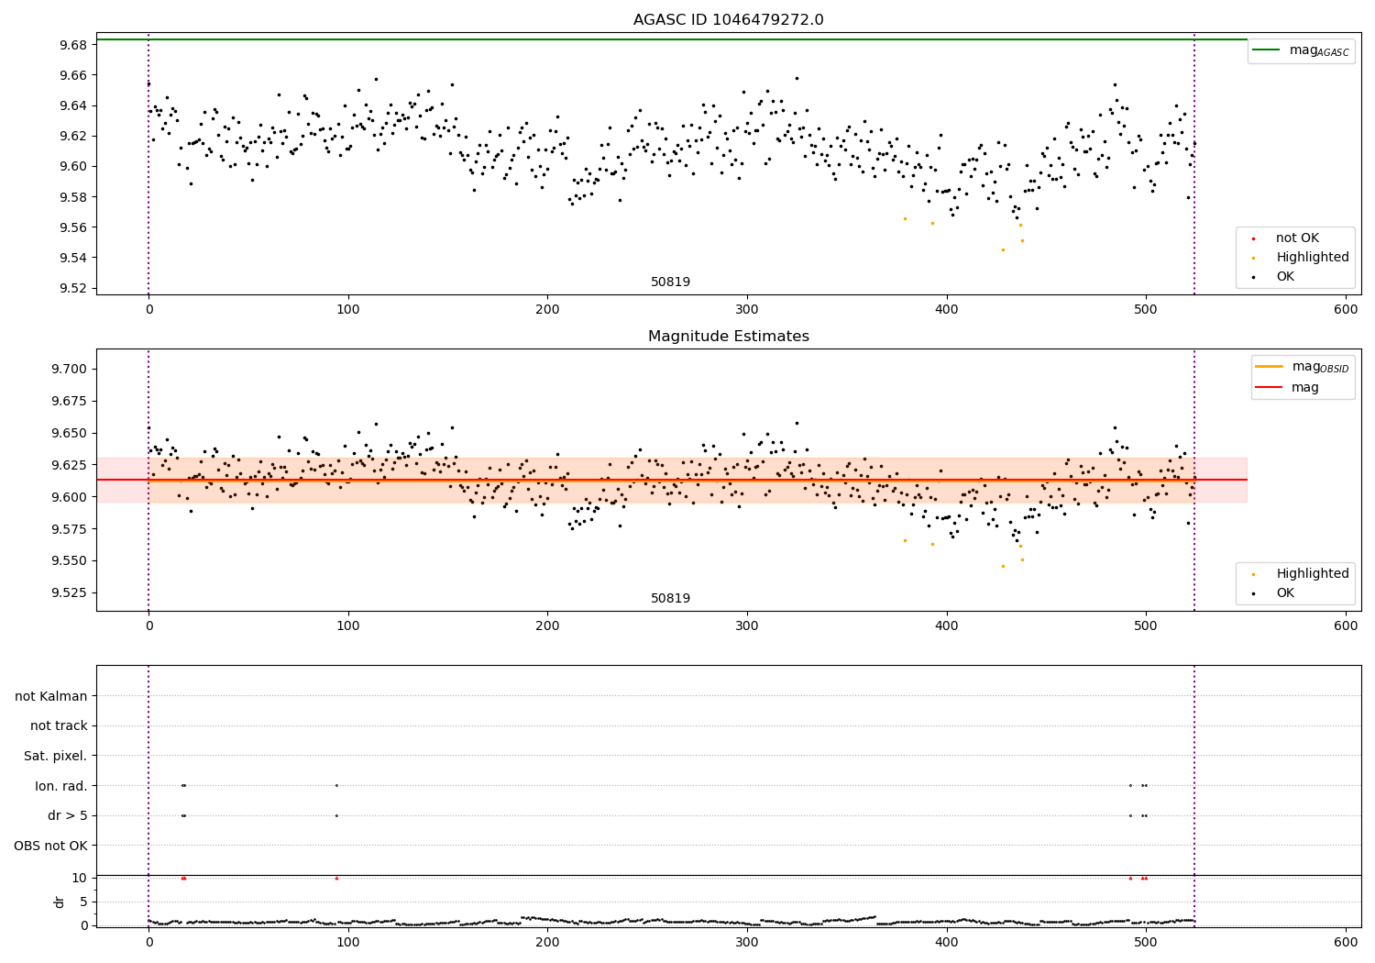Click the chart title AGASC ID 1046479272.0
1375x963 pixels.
(728, 20)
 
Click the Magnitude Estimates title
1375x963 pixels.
(728, 337)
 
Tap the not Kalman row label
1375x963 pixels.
(51, 696)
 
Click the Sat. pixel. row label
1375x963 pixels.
(55, 756)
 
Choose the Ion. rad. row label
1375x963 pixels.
(60, 786)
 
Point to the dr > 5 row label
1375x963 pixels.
(67, 815)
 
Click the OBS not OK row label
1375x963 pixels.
(50, 846)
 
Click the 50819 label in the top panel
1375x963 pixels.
(670, 282)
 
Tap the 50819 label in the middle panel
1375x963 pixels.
(670, 598)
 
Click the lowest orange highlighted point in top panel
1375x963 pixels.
(1003, 249)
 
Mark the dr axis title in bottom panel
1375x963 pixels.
(60, 902)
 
